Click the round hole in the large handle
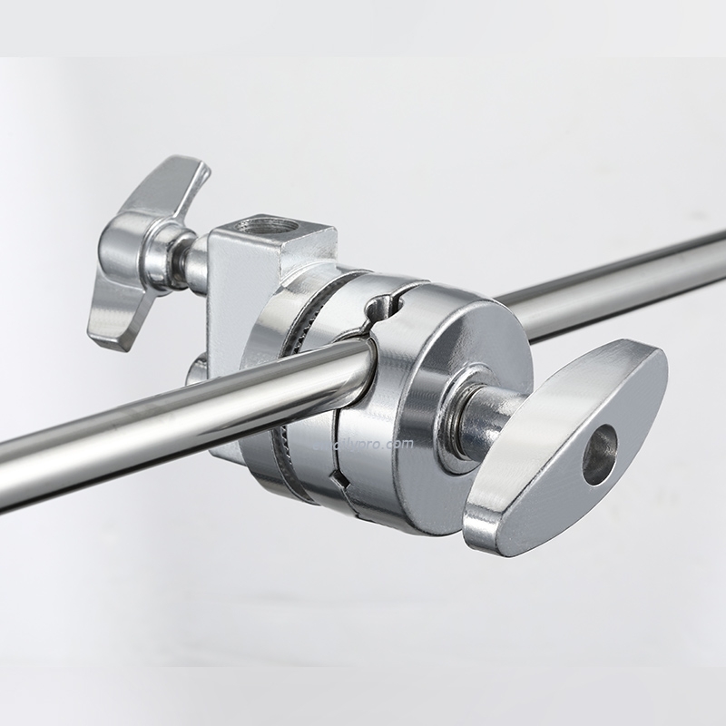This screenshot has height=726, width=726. (600, 454)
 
